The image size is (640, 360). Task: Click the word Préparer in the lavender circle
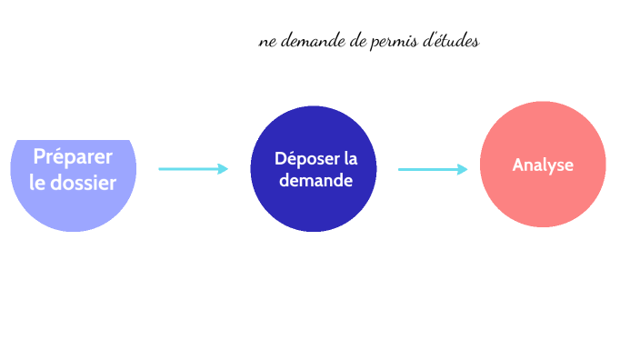pos(73,156)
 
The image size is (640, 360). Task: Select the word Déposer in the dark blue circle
pos(305,159)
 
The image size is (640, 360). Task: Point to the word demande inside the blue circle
pos(315,180)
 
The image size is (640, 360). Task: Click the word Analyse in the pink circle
pos(543,165)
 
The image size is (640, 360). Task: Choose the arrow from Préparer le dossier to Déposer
pos(193,168)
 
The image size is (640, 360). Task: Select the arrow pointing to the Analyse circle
pos(433,169)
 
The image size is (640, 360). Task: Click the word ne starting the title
pos(267,43)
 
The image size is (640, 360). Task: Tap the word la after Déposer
pos(350,159)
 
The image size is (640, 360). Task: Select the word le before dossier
pos(38,183)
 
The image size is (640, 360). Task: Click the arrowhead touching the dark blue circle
pos(222,168)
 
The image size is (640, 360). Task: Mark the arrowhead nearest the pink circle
pos(462,169)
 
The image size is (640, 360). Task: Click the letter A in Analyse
pos(517,165)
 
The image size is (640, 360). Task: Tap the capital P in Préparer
pos(40,156)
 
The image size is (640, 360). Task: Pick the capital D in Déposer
pos(280,159)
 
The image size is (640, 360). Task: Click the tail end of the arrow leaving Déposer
pos(401,169)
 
